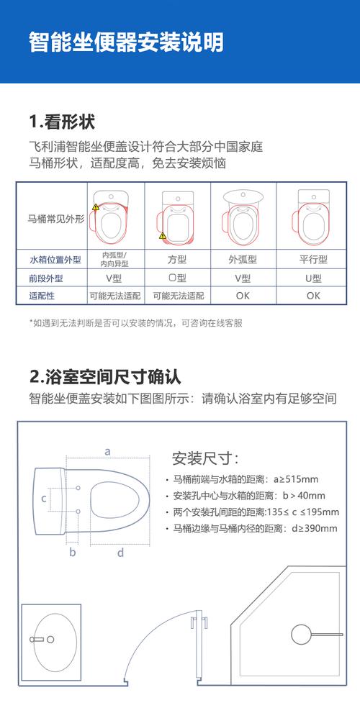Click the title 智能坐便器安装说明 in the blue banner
pyautogui.click(x=126, y=41)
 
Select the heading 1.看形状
pyautogui.click(x=62, y=122)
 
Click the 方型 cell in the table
pyautogui.click(x=177, y=260)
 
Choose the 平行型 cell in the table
pyautogui.click(x=313, y=260)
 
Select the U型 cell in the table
pyautogui.click(x=313, y=278)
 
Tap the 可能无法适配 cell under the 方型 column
pyautogui.click(x=178, y=295)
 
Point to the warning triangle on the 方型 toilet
pyautogui.click(x=163, y=235)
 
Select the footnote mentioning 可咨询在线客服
pyautogui.click(x=135, y=323)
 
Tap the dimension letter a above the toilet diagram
pyautogui.click(x=107, y=452)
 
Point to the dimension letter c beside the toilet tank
pyautogui.click(x=43, y=498)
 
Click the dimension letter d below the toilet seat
pyautogui.click(x=120, y=552)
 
